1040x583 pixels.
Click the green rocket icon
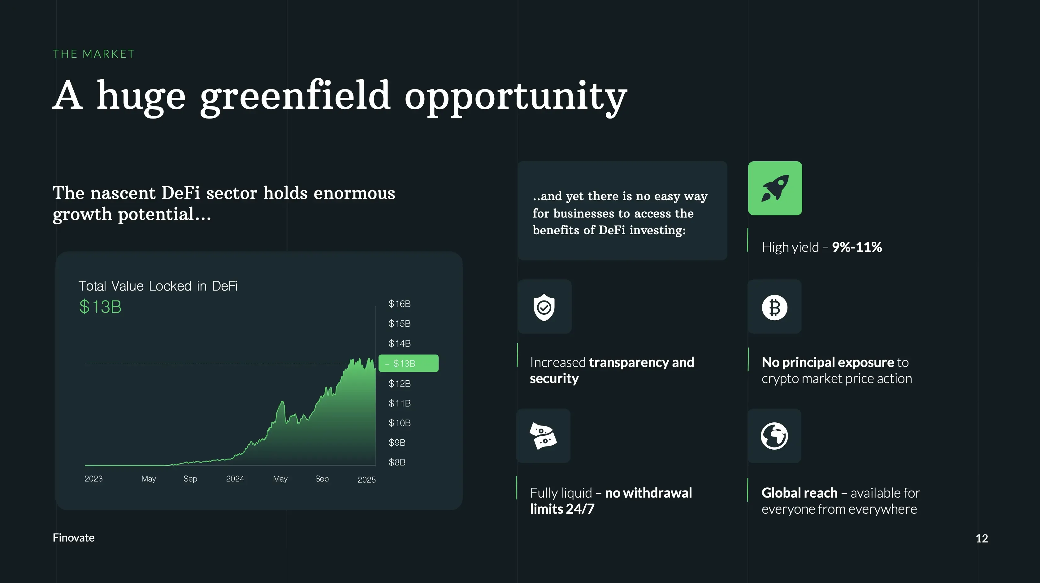point(775,188)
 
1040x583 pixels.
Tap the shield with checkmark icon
point(544,307)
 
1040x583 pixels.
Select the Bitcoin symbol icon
point(774,308)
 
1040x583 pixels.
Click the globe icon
point(774,436)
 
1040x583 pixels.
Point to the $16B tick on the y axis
point(399,304)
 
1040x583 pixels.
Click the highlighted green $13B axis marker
point(409,363)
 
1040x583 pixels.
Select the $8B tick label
point(397,462)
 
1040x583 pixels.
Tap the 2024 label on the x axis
point(235,479)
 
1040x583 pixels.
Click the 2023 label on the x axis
point(94,479)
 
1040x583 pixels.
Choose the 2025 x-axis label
point(366,480)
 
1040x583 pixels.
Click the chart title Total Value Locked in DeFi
point(158,286)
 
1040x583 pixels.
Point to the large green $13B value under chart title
point(100,307)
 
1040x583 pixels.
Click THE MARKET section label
point(94,54)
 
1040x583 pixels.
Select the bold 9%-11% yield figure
point(857,247)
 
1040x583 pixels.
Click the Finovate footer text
point(73,538)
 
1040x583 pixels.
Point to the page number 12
point(982,538)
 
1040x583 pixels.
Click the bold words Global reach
point(799,493)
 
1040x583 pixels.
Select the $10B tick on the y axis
point(399,423)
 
